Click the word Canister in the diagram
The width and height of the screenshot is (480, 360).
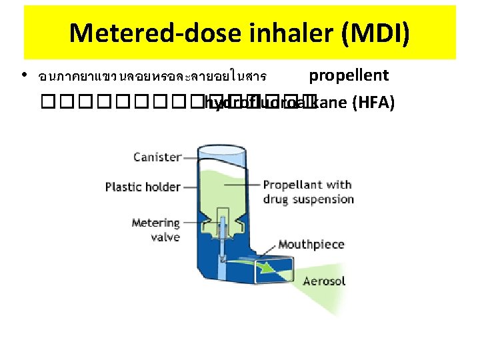pyautogui.click(x=157, y=157)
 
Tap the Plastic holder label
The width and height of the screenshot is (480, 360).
pyautogui.click(x=142, y=187)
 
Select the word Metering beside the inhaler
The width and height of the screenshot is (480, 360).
pyautogui.click(x=155, y=223)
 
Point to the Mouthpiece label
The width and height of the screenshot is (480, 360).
pyautogui.click(x=311, y=245)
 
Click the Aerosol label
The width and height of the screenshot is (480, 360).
pyautogui.click(x=324, y=281)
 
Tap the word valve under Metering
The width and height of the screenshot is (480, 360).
pyautogui.click(x=165, y=237)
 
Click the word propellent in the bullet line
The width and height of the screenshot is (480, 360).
pyautogui.click(x=349, y=75)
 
